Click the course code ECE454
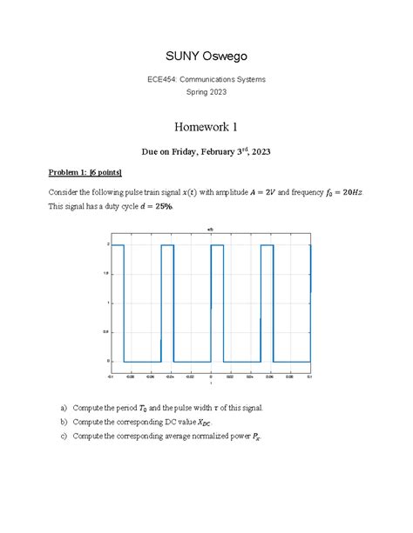[162, 79]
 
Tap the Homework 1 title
[206, 127]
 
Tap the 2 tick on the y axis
[108, 245]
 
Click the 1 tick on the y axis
[108, 303]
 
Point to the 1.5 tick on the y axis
[107, 274]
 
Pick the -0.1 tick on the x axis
[111, 376]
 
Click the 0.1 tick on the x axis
[308, 376]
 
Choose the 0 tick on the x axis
[211, 376]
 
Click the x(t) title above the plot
[210, 230]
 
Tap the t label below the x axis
[210, 383]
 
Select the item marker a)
[64, 408]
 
